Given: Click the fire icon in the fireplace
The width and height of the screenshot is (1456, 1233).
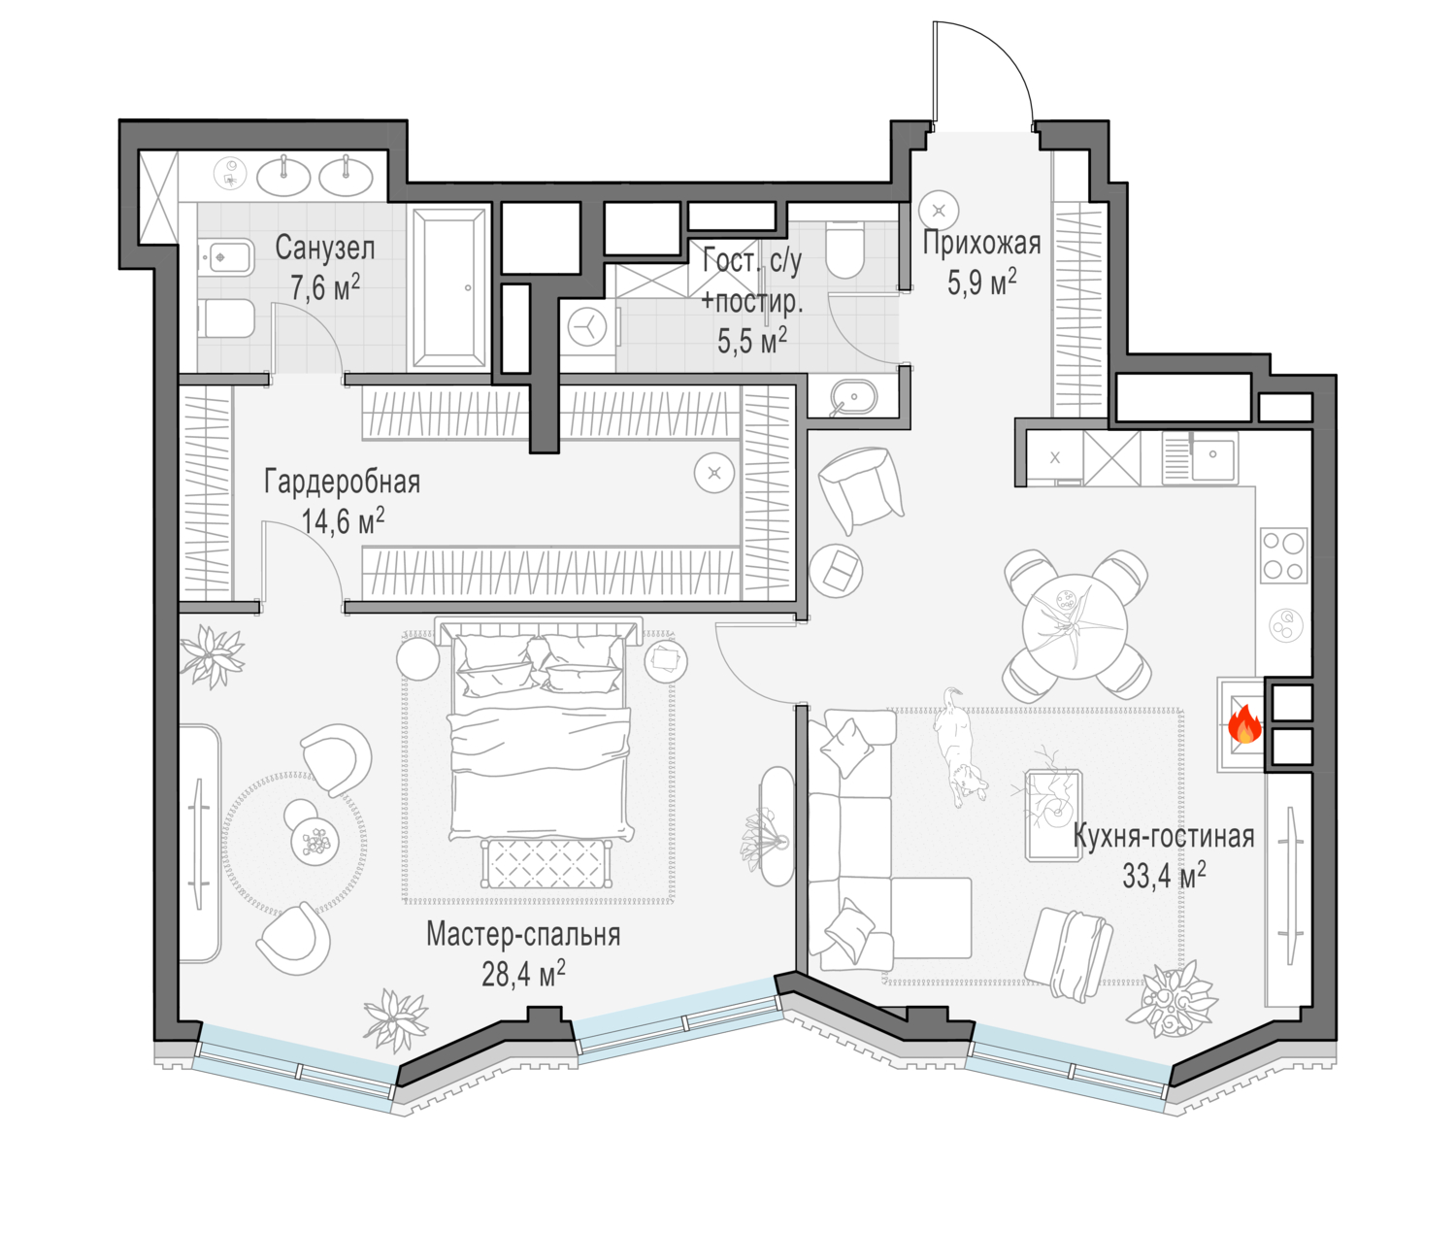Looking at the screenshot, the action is pos(1244,724).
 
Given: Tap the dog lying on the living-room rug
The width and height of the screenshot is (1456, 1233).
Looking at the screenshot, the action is pos(958,748).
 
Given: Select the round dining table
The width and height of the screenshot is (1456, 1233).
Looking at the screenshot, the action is pos(1075,626).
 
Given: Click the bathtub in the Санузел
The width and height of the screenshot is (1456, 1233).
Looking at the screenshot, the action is pos(448,287).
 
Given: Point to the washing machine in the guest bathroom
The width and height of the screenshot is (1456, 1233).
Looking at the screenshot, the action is pos(587,328).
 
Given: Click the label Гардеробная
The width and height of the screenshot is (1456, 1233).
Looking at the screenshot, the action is pos(343,483).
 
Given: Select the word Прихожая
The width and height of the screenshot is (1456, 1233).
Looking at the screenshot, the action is pos(982,243).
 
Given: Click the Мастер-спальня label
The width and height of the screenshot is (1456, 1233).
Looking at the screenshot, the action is pos(523,934).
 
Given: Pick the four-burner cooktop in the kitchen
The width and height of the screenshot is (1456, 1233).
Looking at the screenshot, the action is pos(1283,556).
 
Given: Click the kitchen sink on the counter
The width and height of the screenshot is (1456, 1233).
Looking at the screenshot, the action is pos(1200,457).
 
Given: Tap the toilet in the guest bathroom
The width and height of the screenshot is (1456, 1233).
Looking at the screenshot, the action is pos(844,250).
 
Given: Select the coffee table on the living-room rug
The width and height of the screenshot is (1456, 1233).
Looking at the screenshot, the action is pos(1053,815).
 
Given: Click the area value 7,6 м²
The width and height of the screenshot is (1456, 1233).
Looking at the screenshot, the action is pos(325,287).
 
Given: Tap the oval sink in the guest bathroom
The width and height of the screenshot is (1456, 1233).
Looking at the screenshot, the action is pos(853,398).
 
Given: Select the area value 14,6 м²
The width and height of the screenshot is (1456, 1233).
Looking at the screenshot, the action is pos(343,521).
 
